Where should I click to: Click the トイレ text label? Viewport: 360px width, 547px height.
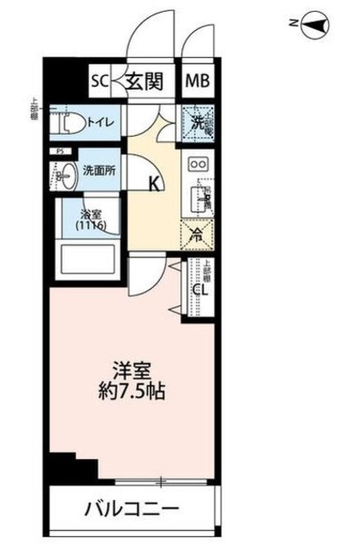[x=103, y=121]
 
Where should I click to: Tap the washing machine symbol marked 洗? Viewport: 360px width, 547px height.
[x=198, y=123]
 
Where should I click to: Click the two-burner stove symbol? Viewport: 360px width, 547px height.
[x=198, y=164]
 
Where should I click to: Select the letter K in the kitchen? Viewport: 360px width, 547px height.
[x=154, y=182]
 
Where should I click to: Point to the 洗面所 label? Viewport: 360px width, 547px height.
[x=99, y=169]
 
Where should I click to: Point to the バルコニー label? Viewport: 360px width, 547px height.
[x=132, y=510]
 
